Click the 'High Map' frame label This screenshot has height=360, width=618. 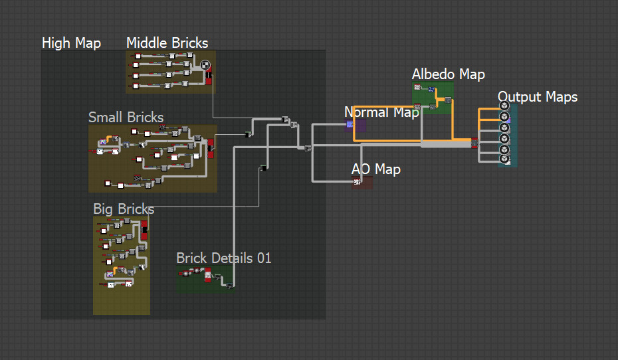71,43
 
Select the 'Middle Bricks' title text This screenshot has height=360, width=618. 167,43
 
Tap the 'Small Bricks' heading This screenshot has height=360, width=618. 126,118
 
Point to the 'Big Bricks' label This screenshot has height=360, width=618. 124,209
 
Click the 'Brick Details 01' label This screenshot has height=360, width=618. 224,258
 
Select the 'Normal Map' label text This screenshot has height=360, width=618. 381,112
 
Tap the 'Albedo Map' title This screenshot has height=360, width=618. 448,74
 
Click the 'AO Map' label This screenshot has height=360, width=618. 375,169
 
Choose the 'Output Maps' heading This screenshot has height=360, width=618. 537,97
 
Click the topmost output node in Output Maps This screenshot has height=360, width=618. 504,106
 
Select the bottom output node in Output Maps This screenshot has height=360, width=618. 504,159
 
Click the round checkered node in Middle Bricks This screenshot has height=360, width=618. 205,65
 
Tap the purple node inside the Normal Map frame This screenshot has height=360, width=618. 350,124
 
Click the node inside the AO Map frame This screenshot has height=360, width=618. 357,182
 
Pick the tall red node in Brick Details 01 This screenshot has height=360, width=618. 208,274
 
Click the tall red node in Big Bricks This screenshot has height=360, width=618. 144,229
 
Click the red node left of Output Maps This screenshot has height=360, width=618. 474,143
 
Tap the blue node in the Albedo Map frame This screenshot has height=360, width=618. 431,90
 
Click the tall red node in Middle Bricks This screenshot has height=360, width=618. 208,78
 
